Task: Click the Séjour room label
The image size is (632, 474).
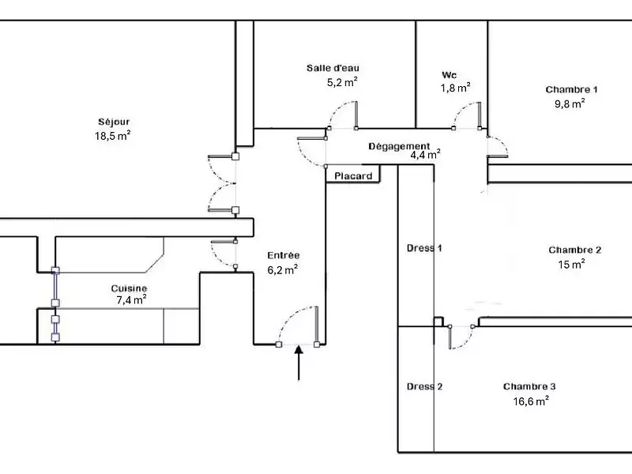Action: click(114, 122)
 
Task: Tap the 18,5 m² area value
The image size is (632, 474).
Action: click(112, 135)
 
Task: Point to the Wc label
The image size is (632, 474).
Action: click(450, 75)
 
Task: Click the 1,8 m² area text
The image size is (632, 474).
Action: click(456, 88)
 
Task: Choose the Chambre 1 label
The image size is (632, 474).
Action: click(570, 89)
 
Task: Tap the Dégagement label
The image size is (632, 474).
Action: click(399, 146)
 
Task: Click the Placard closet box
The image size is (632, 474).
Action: click(353, 176)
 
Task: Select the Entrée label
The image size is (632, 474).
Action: click(283, 255)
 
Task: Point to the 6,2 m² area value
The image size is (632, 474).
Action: click(282, 269)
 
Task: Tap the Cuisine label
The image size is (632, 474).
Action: click(129, 288)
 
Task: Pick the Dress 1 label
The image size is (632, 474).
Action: click(424, 248)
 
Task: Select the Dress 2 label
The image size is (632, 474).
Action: click(424, 386)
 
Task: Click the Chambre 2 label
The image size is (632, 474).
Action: click(575, 250)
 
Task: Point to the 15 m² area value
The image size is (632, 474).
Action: click(571, 265)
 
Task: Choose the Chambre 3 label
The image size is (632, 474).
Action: click(529, 386)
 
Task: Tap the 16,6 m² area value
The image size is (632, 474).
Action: click(531, 401)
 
